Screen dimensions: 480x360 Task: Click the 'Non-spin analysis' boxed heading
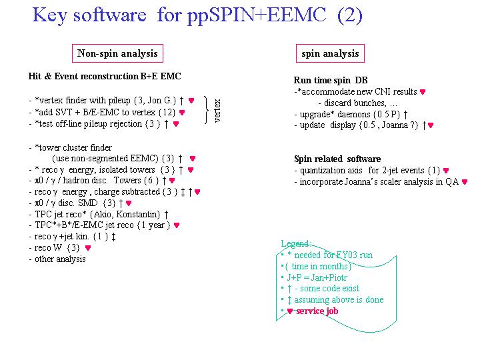coord(117,53)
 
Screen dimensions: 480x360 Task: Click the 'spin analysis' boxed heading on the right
coord(330,53)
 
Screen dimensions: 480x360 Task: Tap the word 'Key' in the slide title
coord(49,15)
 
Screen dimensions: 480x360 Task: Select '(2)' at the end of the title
coord(350,15)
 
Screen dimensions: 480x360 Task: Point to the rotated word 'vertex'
coord(217,111)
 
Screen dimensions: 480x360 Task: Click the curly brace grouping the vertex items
coord(207,110)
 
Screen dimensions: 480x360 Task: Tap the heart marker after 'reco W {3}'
coord(88,247)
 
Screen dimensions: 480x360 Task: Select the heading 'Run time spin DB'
coord(331,80)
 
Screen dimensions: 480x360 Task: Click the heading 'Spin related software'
coord(337,159)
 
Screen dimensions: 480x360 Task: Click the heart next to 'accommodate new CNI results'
coord(423,92)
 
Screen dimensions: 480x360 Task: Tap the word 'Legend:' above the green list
coord(296,243)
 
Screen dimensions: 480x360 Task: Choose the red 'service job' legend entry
coord(317,311)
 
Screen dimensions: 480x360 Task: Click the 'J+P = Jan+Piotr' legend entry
coord(317,277)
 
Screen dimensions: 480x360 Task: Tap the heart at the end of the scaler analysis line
coord(465,182)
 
